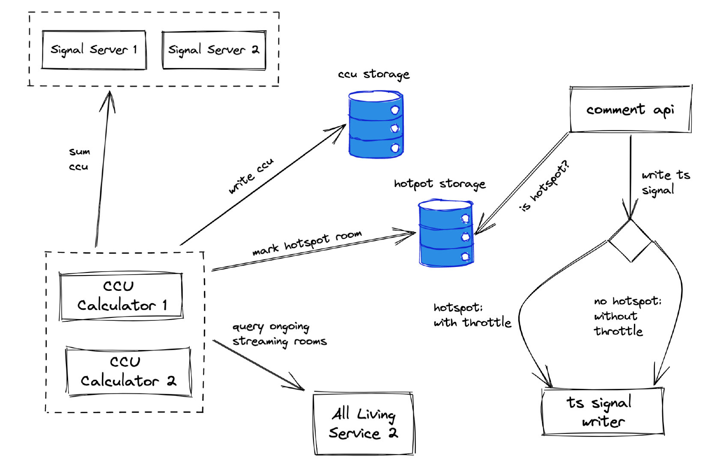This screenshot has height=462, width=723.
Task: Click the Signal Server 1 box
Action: point(94,50)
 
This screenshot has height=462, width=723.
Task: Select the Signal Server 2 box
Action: point(214,50)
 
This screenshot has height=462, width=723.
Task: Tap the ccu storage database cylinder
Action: point(376,124)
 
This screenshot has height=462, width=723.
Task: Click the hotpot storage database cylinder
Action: point(446,233)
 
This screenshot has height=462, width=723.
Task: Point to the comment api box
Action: point(630,110)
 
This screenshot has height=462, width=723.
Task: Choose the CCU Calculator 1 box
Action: point(121,296)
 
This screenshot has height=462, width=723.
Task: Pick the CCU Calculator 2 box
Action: point(128,371)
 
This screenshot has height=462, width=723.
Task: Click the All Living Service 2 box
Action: point(364,423)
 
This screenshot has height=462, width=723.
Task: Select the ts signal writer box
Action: point(603,412)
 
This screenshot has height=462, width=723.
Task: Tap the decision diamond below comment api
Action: point(630,241)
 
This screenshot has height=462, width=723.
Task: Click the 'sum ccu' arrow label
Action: point(79,159)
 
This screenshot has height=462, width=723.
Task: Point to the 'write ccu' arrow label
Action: point(251,176)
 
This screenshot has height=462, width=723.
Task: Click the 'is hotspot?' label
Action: point(544,186)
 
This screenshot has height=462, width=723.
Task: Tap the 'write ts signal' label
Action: point(665,182)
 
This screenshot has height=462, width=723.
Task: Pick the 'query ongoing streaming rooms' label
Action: point(279,335)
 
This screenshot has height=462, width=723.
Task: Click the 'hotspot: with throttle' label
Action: point(472,315)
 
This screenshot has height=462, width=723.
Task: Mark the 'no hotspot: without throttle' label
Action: point(627,316)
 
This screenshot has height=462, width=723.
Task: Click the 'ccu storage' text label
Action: point(373,74)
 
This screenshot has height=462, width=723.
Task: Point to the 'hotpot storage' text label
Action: point(439,184)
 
